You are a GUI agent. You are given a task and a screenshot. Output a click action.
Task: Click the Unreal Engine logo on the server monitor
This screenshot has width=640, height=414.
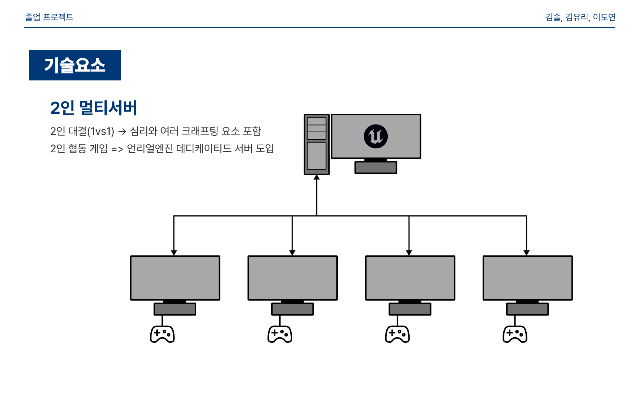click(x=376, y=136)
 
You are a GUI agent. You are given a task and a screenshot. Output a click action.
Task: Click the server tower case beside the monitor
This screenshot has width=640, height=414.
click(x=317, y=145)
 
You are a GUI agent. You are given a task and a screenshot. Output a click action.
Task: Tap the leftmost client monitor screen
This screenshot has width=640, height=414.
click(x=175, y=278)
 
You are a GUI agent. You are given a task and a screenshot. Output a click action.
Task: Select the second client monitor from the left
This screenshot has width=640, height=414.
click(x=293, y=278)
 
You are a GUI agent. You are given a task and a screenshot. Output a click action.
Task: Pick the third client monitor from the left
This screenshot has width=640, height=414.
click(x=410, y=278)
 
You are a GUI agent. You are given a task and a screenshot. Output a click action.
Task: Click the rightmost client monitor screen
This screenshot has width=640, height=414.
click(x=527, y=278)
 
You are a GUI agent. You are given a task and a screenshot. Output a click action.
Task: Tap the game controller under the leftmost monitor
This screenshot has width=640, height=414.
click(x=162, y=334)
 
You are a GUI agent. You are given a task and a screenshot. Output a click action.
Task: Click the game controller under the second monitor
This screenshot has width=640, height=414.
click(x=280, y=334)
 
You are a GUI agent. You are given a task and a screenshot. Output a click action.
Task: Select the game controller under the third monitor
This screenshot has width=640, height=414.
click(x=397, y=334)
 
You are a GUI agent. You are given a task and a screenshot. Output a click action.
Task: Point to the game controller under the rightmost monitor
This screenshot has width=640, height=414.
click(x=515, y=334)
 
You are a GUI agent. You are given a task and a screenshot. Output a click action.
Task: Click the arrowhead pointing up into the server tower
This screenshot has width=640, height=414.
click(x=317, y=178)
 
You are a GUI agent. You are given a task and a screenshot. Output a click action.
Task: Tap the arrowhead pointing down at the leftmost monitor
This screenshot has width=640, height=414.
click(x=174, y=253)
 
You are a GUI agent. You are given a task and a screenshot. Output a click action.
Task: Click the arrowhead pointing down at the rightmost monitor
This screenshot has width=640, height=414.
click(x=526, y=253)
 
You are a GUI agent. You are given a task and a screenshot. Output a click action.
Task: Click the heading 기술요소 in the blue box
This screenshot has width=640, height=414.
click(x=75, y=65)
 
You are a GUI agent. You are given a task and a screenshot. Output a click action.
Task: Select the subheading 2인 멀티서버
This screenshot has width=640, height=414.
click(x=94, y=108)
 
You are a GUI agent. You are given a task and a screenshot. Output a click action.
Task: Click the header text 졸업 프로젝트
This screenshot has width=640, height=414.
click(x=49, y=17)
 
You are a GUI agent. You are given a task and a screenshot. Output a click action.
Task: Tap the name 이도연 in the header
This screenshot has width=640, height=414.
click(x=604, y=17)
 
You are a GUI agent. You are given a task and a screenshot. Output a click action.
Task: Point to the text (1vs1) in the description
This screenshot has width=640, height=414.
click(x=101, y=131)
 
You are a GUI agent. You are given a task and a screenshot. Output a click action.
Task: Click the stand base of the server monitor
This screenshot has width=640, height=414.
click(x=376, y=168)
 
